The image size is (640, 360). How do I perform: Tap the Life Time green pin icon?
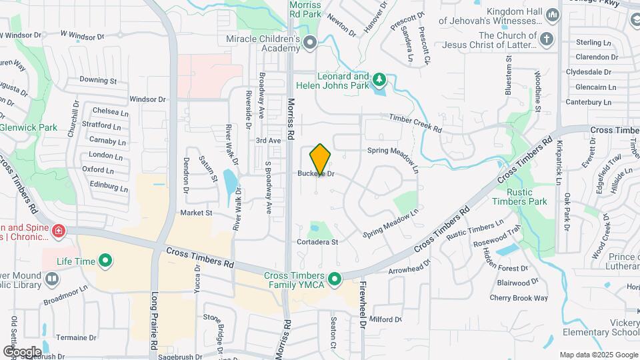pyautogui.click(x=105, y=261)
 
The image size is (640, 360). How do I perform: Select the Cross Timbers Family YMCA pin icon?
pyautogui.click(x=335, y=277)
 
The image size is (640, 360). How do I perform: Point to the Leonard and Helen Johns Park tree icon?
pyautogui.click(x=379, y=81)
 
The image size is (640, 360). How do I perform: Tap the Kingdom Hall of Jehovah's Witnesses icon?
pyautogui.click(x=552, y=15)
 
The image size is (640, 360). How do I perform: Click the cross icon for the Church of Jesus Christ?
pyautogui.click(x=547, y=38)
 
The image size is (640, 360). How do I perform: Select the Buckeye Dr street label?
pyautogui.click(x=315, y=174)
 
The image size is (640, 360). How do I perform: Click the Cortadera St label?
pyautogui.click(x=317, y=242)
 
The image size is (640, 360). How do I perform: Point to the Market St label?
pyautogui.click(x=196, y=213)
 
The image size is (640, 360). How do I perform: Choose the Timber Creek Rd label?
pyautogui.click(x=416, y=121)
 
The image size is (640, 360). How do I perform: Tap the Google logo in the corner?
pyautogui.click(x=22, y=351)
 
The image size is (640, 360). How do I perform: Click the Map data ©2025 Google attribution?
pyautogui.click(x=598, y=355)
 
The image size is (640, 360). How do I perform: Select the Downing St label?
pyautogui.click(x=98, y=81)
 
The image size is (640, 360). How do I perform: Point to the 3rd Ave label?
pyautogui.click(x=269, y=141)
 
